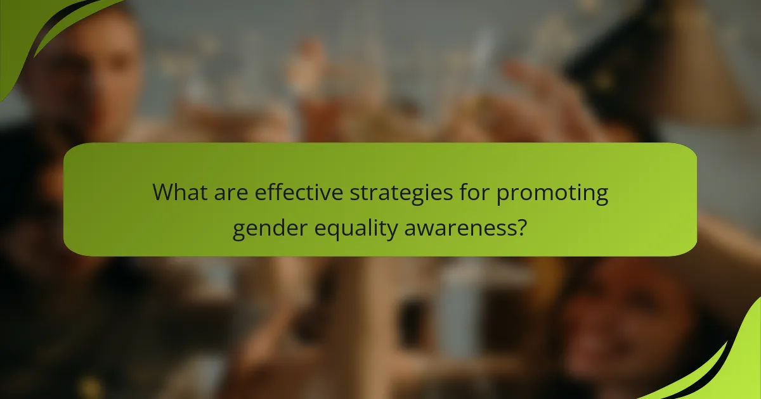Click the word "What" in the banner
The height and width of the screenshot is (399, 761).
point(179,192)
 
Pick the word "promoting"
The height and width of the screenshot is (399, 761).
point(552,193)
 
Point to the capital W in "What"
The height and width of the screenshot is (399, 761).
point(166,192)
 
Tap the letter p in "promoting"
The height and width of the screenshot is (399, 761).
point(502,195)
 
